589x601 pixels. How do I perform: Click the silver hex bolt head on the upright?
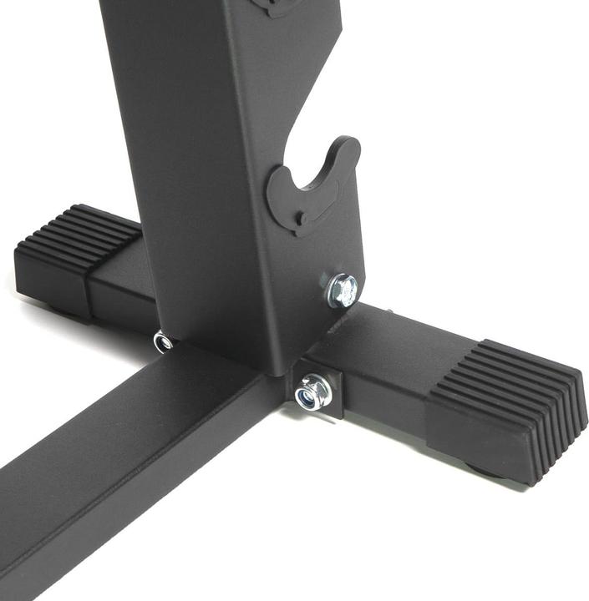point(343,290)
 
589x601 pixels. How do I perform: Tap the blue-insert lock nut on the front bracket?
point(312,391)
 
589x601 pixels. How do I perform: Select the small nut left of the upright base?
point(163,341)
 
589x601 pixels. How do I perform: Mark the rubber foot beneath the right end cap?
point(485,472)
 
